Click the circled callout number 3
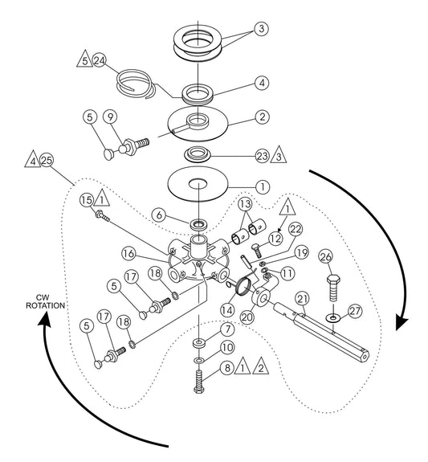[x=261, y=29]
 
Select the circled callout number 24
[x=100, y=60]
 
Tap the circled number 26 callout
[x=326, y=257]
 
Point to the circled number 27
[x=355, y=311]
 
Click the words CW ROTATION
[x=45, y=302]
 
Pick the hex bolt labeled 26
[x=333, y=288]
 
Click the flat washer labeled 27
[x=333, y=318]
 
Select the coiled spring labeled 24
[x=136, y=84]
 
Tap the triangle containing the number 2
[x=261, y=366]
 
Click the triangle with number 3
[x=279, y=155]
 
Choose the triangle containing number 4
[x=32, y=159]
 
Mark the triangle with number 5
[x=85, y=59]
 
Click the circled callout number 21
[x=302, y=299]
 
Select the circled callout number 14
[x=227, y=310]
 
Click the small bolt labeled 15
[x=103, y=216]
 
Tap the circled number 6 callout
[x=159, y=215]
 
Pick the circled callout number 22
[x=296, y=229]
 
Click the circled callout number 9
[x=110, y=117]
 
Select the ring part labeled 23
[x=198, y=154]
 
